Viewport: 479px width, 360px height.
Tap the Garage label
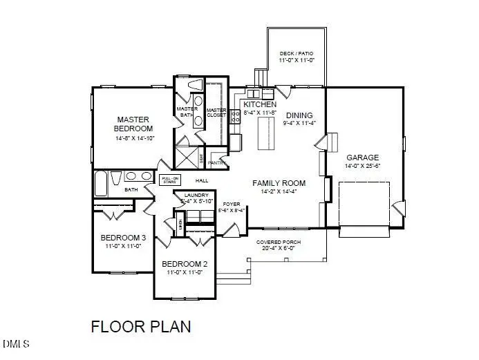click(363, 156)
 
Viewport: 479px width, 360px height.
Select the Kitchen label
click(260, 104)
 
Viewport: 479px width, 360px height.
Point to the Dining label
click(299, 115)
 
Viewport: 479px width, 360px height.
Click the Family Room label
click(279, 183)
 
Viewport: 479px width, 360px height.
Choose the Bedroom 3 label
click(123, 238)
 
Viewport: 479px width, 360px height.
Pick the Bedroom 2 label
click(185, 264)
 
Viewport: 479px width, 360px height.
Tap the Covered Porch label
click(278, 243)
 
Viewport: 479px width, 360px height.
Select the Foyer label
click(231, 204)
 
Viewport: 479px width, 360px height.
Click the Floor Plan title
click(140, 325)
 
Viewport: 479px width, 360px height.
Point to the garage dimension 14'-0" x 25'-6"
click(363, 166)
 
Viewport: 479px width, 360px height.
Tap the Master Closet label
click(216, 112)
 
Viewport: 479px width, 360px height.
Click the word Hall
click(202, 180)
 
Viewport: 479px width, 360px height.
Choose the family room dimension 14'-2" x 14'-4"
click(279, 191)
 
